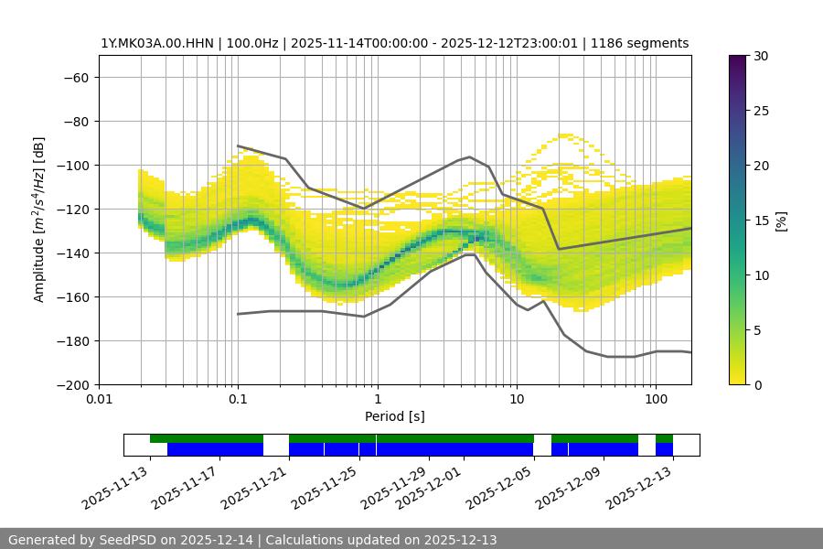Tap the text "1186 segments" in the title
coord(647,43)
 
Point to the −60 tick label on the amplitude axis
coord(76,77)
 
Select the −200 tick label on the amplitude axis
coord(72,384)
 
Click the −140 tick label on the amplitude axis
coord(72,253)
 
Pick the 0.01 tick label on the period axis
coord(99,400)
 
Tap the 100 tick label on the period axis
coord(656,400)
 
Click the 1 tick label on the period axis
coord(377,400)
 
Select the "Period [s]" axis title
coord(395,416)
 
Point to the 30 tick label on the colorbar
coord(761,56)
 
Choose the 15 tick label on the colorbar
coord(761,221)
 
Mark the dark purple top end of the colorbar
coord(738,59)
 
